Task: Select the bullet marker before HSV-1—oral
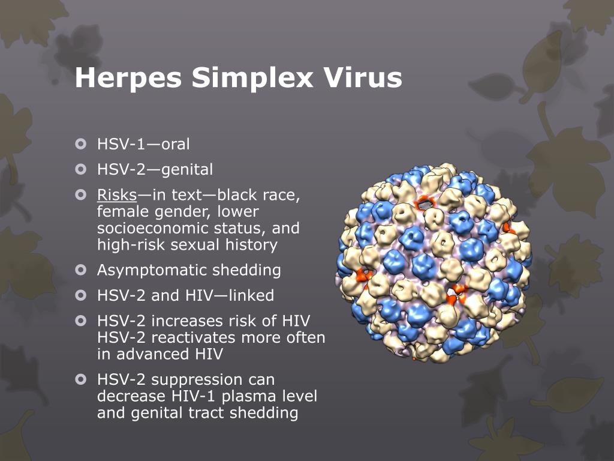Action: point(81,144)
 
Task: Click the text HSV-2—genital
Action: point(155,170)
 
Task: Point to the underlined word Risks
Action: point(117,195)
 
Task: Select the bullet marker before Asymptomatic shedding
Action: point(81,270)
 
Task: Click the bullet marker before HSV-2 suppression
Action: point(81,379)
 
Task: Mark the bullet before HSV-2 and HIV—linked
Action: point(81,295)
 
